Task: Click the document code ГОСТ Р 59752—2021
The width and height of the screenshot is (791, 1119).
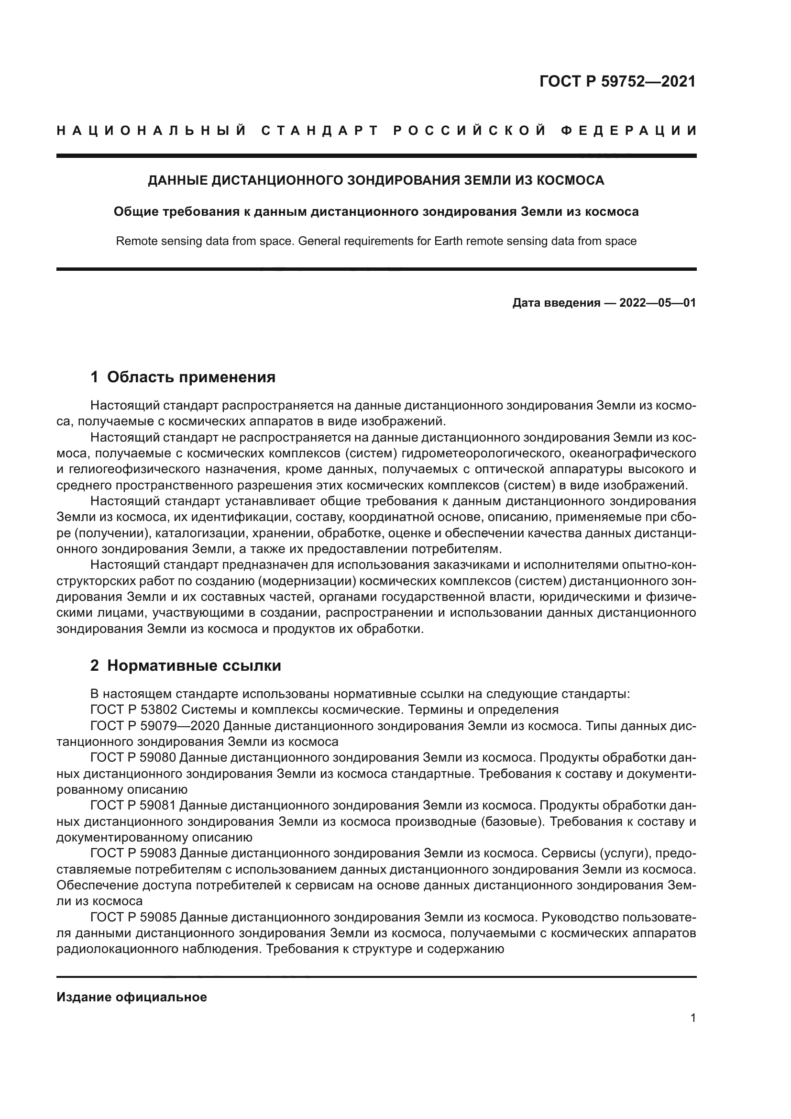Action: coord(617,81)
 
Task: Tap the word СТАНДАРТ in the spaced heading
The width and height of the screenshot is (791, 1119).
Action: coord(320,131)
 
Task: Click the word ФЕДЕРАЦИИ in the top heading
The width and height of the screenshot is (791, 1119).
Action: coord(629,131)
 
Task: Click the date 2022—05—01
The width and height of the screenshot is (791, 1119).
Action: coord(658,303)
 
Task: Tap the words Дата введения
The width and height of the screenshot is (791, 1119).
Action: coord(556,303)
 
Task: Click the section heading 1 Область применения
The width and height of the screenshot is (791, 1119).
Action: coord(183,377)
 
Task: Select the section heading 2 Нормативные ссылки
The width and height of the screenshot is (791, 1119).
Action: coord(186,665)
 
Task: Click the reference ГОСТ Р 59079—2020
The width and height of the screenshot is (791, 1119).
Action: coord(156,726)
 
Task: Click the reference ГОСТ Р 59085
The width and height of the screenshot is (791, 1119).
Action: coord(133,917)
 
